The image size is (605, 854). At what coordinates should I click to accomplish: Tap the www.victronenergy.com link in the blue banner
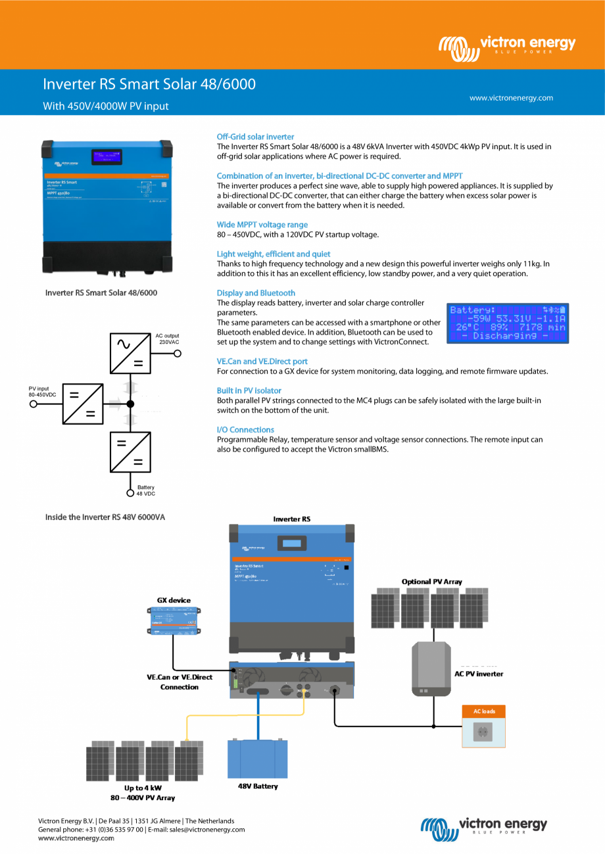511,98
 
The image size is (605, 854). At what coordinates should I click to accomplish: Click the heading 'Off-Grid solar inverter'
255,137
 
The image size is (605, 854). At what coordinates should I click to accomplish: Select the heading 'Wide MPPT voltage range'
262,225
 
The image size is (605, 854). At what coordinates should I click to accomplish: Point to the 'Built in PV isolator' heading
249,391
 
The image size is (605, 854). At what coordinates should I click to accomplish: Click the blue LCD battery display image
507,323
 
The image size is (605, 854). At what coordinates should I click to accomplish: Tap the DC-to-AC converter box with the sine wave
130,354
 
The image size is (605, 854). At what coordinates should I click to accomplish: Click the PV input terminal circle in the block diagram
34,404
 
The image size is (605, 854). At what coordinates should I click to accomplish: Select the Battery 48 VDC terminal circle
130,492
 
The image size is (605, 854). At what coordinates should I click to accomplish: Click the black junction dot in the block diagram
130,404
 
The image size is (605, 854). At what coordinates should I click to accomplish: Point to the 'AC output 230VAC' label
167,339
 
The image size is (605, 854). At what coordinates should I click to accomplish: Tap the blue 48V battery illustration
257,759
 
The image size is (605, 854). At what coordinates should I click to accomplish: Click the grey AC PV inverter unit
431,669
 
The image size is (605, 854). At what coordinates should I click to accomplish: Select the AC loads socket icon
484,732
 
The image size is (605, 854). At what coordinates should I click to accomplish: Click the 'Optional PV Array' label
431,581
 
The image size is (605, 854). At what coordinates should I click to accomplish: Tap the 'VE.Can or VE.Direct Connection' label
179,682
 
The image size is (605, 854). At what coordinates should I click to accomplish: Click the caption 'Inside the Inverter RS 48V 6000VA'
105,517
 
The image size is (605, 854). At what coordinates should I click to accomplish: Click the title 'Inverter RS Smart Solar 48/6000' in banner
149,84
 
